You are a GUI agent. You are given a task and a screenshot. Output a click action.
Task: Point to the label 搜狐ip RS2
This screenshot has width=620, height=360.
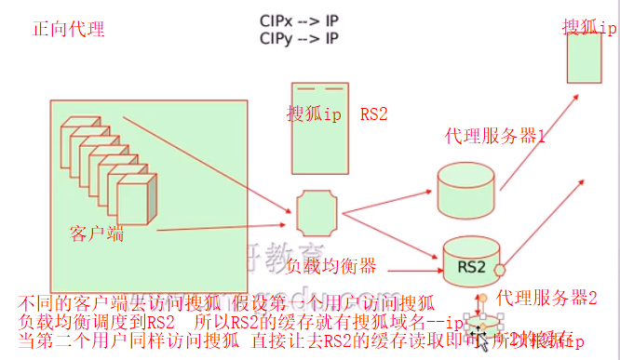click(337, 113)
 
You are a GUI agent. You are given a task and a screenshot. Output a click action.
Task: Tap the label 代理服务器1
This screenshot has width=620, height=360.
click(495, 137)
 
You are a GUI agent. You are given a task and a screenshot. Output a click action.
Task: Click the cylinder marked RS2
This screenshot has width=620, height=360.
click(471, 264)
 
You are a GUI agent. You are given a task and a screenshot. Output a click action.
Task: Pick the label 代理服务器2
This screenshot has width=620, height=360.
click(546, 298)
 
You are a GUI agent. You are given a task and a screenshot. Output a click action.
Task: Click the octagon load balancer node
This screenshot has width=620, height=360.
click(314, 214)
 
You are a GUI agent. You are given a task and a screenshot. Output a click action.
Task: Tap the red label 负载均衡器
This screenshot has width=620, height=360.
click(330, 267)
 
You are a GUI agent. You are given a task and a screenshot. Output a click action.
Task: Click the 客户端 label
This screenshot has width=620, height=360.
click(96, 232)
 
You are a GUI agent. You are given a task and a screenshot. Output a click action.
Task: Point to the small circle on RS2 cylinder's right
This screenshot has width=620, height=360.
click(499, 270)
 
